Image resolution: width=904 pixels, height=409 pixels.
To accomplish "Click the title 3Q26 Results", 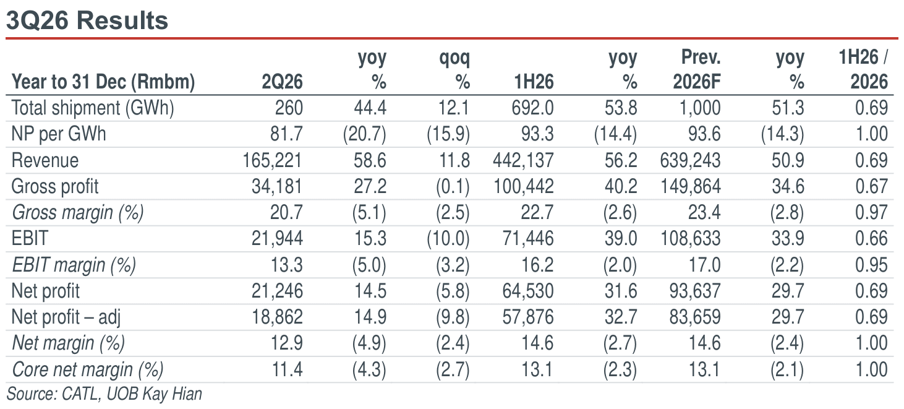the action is pos(87,20).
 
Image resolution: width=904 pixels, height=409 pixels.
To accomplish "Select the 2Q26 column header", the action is pos(282,82).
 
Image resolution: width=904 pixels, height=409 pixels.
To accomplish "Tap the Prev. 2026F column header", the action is pos(697,69).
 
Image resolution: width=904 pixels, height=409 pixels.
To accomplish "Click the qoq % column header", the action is pos(455,69).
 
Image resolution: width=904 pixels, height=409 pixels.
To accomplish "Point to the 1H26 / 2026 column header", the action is pos(863,69).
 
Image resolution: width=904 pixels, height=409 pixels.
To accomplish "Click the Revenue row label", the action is pos(45,160).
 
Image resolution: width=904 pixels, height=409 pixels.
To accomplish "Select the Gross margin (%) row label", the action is pos(78,213).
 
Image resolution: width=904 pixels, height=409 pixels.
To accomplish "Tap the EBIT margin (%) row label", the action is pos(74,265).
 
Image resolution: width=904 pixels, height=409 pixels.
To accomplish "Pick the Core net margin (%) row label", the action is pos(88,369).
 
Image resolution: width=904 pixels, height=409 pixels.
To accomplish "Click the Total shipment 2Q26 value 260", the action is pos(289,108).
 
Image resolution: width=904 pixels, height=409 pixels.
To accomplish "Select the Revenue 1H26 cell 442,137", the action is pos(523,160).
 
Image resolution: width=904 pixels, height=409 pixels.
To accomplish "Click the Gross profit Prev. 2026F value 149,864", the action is pos(690,186).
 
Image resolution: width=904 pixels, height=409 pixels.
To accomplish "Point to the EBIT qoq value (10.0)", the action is pos(448,239).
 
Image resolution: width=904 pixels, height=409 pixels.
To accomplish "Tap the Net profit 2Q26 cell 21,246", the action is pos(277,291).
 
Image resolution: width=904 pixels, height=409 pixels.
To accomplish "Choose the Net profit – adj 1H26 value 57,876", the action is pos(528,317).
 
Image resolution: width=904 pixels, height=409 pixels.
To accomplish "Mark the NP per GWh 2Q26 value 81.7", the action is pos(286,134).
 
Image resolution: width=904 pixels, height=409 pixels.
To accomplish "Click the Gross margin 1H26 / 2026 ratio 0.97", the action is pos(871,213).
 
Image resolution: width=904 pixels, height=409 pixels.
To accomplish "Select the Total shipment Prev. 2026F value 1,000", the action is pos(700,108).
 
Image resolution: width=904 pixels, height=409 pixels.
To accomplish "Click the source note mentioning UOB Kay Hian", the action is pos(104,394).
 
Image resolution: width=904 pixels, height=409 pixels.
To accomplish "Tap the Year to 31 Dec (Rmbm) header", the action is pos(103,82).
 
